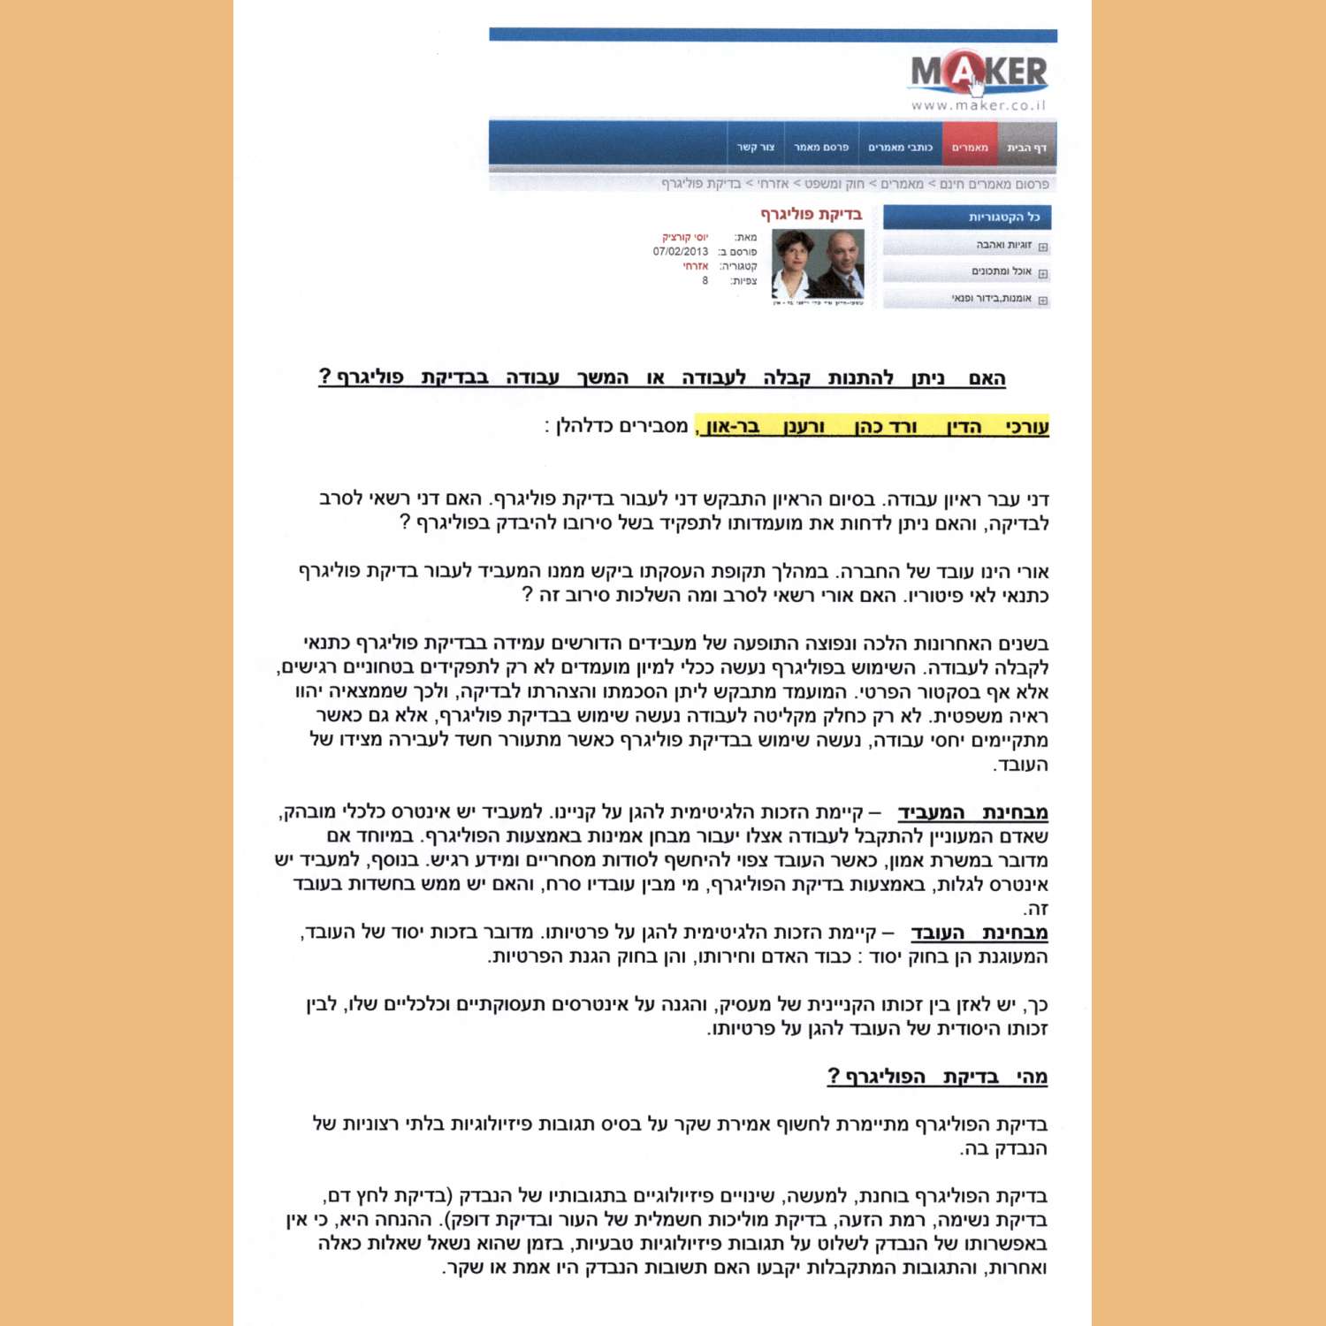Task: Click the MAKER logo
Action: [x=979, y=72]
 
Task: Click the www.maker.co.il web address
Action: [x=979, y=105]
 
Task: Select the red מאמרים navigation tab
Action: [x=970, y=148]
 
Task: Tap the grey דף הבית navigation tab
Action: [x=1026, y=148]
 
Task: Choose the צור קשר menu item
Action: [x=756, y=148]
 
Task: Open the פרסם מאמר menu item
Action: [x=820, y=148]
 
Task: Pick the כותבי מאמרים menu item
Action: [x=900, y=148]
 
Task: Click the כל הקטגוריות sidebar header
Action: [x=1003, y=217]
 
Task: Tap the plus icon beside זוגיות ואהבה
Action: [x=1043, y=247]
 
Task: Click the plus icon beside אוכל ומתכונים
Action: [x=1043, y=273]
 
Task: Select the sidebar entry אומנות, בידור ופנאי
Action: [x=991, y=299]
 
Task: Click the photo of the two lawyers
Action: [x=818, y=265]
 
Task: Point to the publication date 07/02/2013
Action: [x=680, y=252]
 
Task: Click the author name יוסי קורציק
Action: [x=685, y=238]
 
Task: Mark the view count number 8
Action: [x=705, y=281]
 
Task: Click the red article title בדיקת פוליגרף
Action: [x=811, y=214]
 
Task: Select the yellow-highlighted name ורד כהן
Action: [x=887, y=427]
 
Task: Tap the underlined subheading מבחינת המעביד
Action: [x=972, y=812]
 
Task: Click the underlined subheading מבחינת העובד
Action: [x=979, y=933]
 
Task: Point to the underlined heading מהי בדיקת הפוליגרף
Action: [x=937, y=1077]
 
